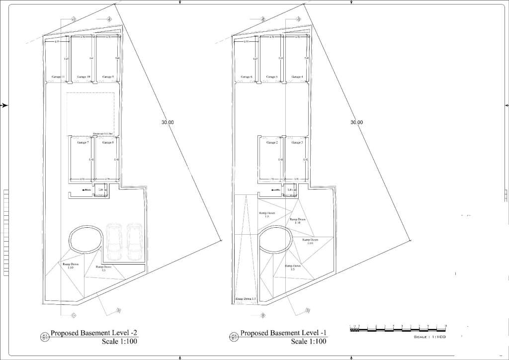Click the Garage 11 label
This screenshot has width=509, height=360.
tap(58, 77)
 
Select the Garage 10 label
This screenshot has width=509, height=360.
tap(84, 77)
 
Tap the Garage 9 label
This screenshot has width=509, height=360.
tap(108, 77)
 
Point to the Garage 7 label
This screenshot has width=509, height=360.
tap(83, 143)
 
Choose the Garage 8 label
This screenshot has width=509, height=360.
tap(108, 143)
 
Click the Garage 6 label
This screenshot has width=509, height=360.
tap(247, 77)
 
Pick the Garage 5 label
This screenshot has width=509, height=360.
tap(271, 77)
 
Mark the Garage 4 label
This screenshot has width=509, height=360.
tap(297, 77)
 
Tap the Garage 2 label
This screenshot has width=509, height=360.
tap(271, 143)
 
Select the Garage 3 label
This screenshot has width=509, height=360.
tap(297, 143)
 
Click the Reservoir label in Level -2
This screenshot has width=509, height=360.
tap(103, 134)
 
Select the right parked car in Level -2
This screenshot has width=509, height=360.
tap(134, 241)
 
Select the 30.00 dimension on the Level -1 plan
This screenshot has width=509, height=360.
tap(356, 122)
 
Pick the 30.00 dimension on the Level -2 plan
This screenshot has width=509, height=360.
tap(168, 122)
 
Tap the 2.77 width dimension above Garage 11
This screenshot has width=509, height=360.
tap(57, 42)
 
